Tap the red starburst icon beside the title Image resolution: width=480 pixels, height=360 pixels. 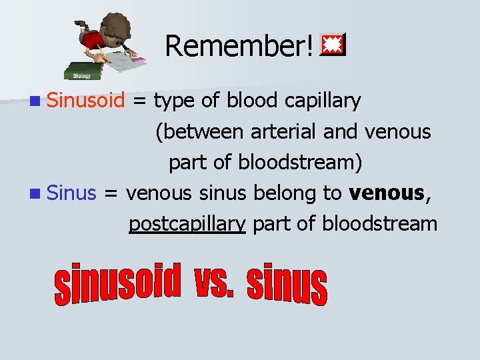click(331, 45)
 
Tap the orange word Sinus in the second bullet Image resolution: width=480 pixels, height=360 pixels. click(73, 193)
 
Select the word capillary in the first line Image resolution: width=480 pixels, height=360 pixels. click(322, 101)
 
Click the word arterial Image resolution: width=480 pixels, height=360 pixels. click(284, 132)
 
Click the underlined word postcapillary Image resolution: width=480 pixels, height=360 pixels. click(187, 224)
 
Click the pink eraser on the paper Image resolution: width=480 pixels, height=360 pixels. click(139, 61)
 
